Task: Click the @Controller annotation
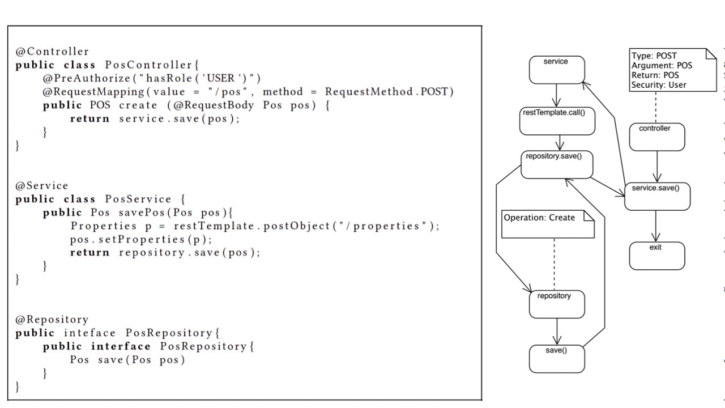coord(52,52)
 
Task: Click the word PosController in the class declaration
coord(149,65)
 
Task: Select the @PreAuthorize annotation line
coord(152,78)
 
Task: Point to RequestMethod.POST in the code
coord(389,92)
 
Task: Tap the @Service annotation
coord(42,186)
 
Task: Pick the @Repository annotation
coord(52,320)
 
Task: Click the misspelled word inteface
coord(89,333)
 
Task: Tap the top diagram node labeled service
coord(556,70)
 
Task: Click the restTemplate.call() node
coord(557,121)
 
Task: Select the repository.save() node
coord(556,164)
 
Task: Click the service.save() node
coord(657,196)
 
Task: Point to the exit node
coord(656,256)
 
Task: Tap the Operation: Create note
coord(547,224)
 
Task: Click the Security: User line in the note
coord(659,85)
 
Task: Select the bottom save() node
coord(556,359)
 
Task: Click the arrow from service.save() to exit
coord(656,226)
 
